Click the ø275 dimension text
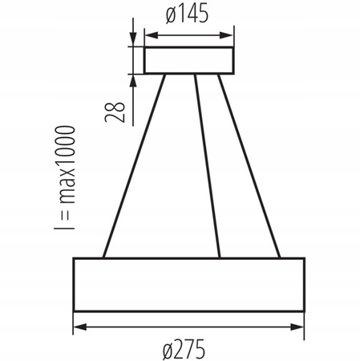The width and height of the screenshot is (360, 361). pyautogui.click(x=188, y=349)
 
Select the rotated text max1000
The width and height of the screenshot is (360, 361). pyautogui.click(x=63, y=166)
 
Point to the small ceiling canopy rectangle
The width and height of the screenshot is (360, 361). pyautogui.click(x=188, y=61)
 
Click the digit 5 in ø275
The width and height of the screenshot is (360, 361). pyautogui.click(x=212, y=349)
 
